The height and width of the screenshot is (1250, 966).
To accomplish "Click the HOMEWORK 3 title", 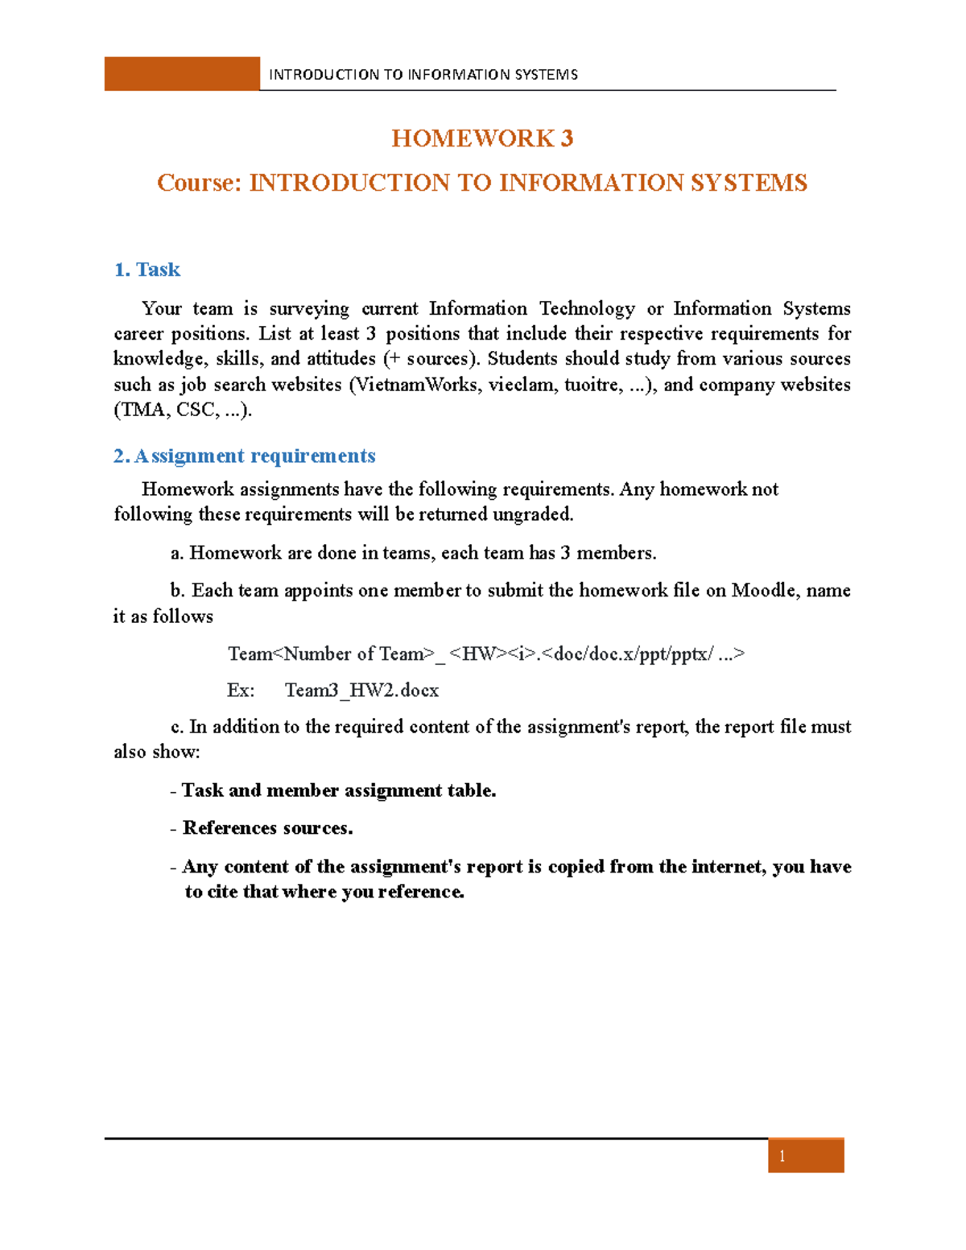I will click(482, 138).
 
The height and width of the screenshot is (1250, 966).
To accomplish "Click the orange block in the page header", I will click(182, 74).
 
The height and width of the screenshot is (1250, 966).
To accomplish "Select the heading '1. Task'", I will click(147, 270).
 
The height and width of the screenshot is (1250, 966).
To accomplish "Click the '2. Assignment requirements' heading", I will click(245, 456).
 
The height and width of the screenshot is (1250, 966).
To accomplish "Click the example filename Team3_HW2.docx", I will click(361, 691).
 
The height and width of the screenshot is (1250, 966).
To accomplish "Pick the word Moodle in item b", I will click(763, 591).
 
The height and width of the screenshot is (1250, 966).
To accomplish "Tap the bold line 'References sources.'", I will click(267, 828).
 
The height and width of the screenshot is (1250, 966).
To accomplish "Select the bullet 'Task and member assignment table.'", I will click(338, 790).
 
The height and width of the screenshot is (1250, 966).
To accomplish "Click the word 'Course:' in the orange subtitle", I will click(199, 183).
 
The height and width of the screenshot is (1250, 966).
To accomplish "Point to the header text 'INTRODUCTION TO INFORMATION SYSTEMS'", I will click(423, 75).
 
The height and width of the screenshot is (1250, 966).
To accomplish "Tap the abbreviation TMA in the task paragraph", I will click(142, 410).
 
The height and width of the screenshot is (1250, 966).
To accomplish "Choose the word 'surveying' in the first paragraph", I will click(309, 309).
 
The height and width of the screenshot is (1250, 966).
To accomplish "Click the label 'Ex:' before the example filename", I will click(241, 691).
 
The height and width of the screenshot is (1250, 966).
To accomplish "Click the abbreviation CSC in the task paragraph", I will click(196, 410).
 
